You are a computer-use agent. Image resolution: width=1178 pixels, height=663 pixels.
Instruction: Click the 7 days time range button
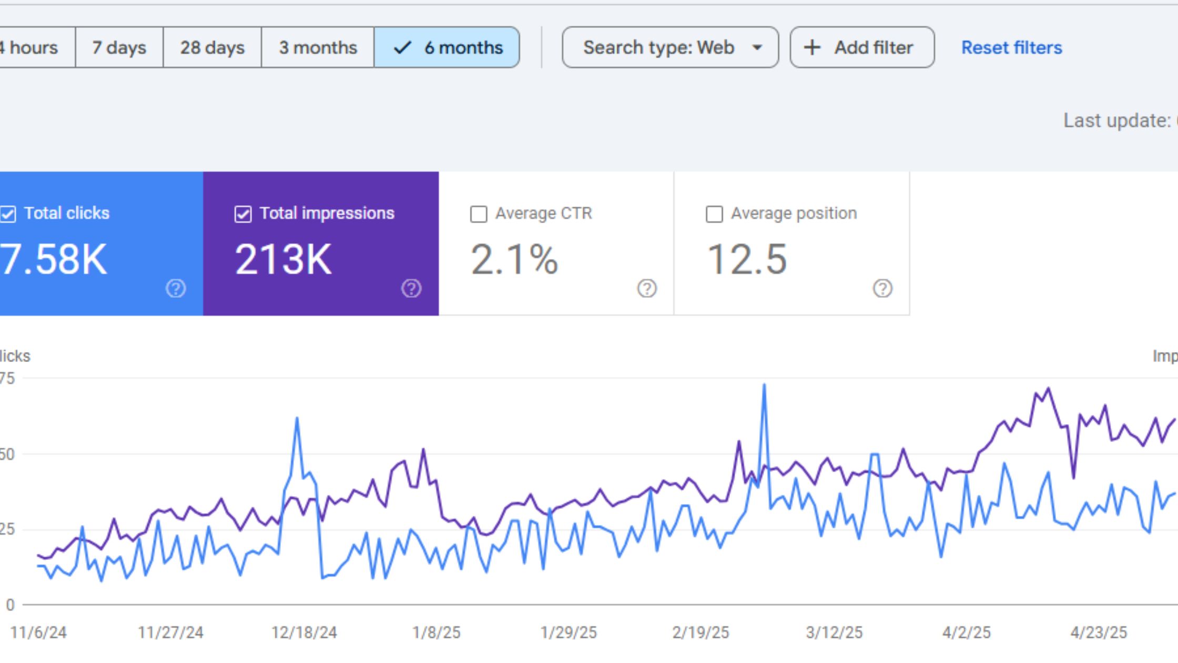(x=119, y=47)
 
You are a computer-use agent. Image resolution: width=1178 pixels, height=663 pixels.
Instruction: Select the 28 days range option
(x=212, y=47)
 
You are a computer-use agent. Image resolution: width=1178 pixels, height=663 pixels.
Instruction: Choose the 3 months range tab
(x=318, y=47)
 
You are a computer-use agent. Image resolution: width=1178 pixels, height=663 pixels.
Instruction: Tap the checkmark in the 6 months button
(x=402, y=48)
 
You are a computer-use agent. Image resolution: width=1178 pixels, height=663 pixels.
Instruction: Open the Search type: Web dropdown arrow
(x=757, y=48)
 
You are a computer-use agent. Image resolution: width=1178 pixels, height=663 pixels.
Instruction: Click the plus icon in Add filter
(x=812, y=48)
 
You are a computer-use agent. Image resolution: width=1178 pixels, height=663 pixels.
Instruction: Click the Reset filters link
(x=1011, y=48)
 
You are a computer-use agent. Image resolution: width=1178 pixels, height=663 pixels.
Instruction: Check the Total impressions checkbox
(x=242, y=214)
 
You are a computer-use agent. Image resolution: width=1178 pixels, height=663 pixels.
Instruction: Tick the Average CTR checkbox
(x=478, y=214)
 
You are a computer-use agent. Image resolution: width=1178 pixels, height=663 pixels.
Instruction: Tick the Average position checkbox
(x=714, y=214)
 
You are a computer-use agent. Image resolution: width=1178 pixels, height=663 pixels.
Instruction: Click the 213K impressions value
(x=283, y=259)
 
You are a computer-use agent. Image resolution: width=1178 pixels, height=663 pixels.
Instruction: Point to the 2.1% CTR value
(x=514, y=259)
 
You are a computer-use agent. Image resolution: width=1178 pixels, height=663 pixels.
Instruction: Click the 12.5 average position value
(x=747, y=259)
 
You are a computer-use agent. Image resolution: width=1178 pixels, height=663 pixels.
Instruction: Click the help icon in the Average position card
(x=882, y=288)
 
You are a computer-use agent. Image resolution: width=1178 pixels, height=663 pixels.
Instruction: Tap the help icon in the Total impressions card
(x=411, y=288)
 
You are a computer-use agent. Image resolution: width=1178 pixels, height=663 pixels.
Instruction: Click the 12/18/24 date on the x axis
(x=304, y=632)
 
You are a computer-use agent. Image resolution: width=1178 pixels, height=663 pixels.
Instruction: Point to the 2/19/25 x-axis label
(x=700, y=632)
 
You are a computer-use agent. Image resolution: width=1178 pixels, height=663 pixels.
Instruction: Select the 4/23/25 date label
(x=1099, y=632)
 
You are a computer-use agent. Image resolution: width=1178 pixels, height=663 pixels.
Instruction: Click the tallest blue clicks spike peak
(x=764, y=385)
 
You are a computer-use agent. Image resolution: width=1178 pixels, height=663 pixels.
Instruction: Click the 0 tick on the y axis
(x=10, y=605)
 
